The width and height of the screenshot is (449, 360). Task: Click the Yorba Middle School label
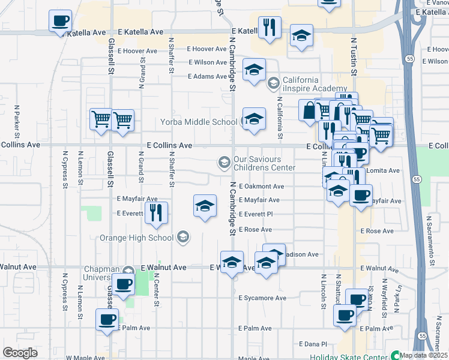click(x=199, y=122)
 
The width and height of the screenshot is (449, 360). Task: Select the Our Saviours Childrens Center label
click(x=265, y=163)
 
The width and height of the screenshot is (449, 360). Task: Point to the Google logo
click(x=20, y=353)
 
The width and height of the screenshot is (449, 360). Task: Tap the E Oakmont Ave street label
click(x=261, y=187)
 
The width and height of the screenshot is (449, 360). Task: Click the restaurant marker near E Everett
click(x=156, y=212)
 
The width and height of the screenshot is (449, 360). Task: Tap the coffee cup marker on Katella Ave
click(x=60, y=22)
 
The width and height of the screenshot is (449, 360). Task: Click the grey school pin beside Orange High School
click(x=183, y=238)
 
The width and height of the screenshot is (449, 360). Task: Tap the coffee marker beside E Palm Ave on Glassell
click(x=107, y=319)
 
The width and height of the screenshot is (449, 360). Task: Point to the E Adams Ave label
click(x=207, y=77)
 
